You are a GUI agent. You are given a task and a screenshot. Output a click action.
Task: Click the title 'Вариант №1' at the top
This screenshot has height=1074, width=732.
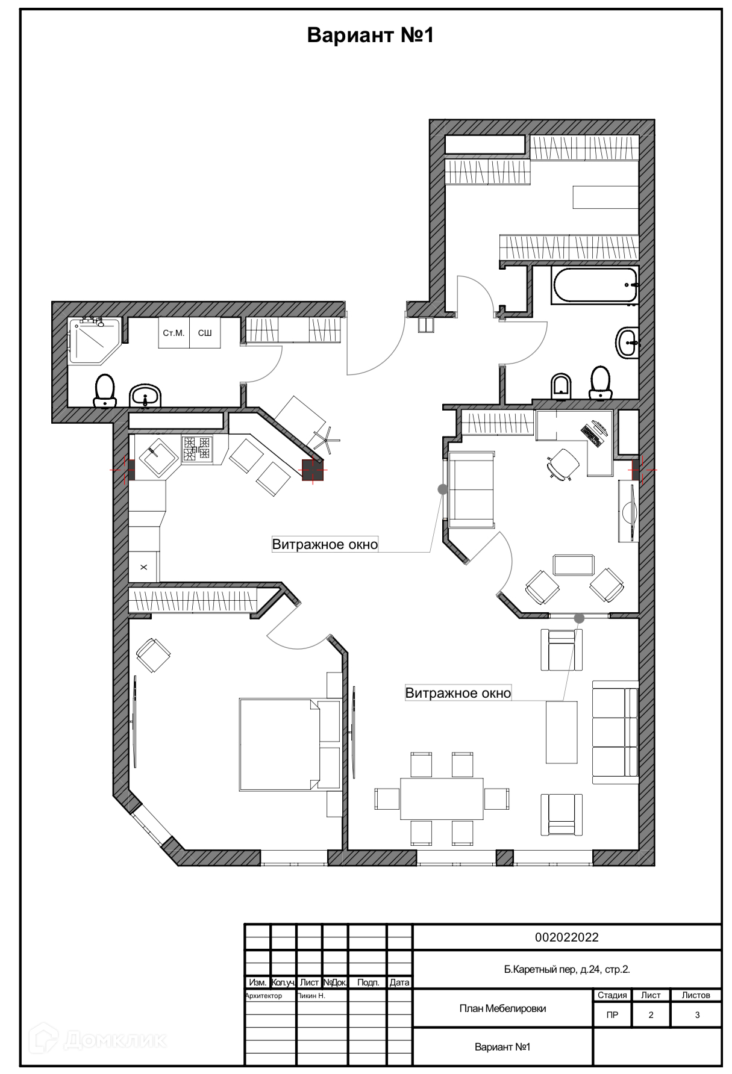coord(370,36)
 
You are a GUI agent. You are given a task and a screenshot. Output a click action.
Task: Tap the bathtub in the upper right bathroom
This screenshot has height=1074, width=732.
coord(595,285)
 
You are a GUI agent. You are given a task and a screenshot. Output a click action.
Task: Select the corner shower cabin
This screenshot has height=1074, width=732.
coord(93,340)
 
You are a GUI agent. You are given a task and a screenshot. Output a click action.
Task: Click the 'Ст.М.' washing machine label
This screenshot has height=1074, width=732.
coord(174,333)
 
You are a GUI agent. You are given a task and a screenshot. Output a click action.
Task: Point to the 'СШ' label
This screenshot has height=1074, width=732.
coord(205,333)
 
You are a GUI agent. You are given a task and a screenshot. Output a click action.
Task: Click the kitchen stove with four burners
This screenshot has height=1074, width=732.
coord(197,449)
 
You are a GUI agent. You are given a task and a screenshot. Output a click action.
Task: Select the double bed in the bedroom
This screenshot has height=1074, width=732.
coord(283,744)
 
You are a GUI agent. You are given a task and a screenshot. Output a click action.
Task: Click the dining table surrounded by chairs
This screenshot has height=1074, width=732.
coord(442,798)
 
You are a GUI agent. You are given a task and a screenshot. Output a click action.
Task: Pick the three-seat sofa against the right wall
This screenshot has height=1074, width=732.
coord(615,732)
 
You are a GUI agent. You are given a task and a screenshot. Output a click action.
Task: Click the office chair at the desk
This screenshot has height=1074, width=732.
coord(563,464)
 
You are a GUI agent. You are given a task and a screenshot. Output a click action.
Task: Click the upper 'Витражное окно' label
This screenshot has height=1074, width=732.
coord(325,545)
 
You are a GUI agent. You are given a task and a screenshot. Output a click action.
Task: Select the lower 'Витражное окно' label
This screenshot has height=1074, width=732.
coord(458,693)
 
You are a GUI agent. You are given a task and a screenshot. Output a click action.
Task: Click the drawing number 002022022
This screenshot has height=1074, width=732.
coord(566,937)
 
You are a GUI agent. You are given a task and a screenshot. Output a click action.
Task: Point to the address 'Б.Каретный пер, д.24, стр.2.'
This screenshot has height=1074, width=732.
coord(566,969)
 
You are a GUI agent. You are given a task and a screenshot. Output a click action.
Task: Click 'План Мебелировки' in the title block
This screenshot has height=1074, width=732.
coord(502,1008)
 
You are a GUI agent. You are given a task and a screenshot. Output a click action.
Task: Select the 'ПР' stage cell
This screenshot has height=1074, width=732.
coord(612,1015)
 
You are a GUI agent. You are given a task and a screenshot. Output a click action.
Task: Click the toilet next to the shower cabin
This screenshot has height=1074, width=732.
coord(105,390)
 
